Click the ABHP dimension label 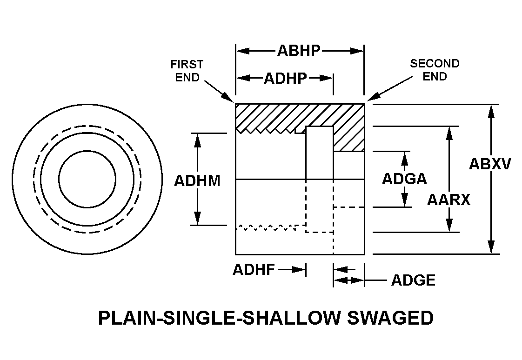(x=299, y=50)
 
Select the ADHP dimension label (x=285, y=78)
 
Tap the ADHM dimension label (x=197, y=180)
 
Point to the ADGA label (x=404, y=179)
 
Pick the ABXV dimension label (x=490, y=164)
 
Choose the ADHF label (x=254, y=269)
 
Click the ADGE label (x=413, y=280)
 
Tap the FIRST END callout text (x=187, y=70)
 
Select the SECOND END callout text (x=435, y=70)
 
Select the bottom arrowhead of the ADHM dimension (x=198, y=218)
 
